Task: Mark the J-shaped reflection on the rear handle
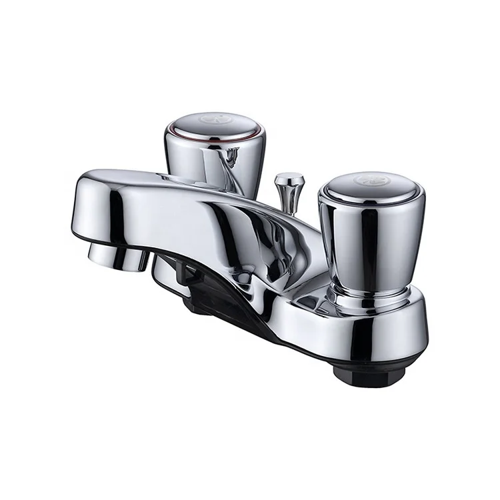click(x=231, y=158)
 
